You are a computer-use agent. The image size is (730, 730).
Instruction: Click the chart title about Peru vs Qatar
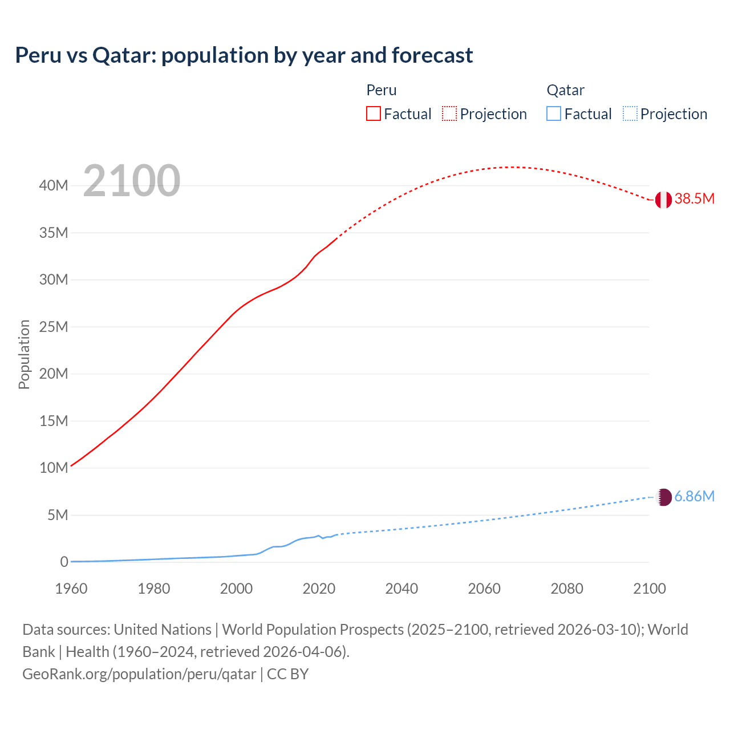coord(244,55)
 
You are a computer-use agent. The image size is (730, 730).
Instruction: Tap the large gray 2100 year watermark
coord(132,181)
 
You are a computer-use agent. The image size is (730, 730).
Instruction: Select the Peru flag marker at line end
coord(663,200)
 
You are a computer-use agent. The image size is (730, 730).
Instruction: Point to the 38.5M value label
coord(694,199)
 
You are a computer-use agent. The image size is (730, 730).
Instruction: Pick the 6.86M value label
coord(694,497)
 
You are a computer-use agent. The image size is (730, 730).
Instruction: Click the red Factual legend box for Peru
coord(374,114)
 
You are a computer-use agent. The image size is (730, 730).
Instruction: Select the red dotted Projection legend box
coord(449,114)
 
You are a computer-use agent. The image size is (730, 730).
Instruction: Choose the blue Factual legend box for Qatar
coord(554,114)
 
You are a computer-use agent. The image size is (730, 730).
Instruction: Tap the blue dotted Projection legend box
coord(630,114)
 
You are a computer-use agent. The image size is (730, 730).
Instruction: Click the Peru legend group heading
coord(382,90)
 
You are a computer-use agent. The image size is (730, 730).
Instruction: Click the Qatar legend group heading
coord(565,90)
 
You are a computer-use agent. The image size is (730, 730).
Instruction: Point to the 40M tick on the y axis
coord(54,185)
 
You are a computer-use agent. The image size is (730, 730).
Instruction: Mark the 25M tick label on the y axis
coord(54,327)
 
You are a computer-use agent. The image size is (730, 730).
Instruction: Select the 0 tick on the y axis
coord(64,562)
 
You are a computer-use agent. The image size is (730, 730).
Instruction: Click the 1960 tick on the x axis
coord(71,589)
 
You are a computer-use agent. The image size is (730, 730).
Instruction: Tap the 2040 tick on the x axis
coord(401,589)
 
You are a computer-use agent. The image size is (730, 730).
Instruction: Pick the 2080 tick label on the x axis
coord(567,589)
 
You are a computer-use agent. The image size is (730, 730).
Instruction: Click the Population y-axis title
coord(24,354)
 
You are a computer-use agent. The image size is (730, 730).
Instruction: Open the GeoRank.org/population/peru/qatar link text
coord(139,674)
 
